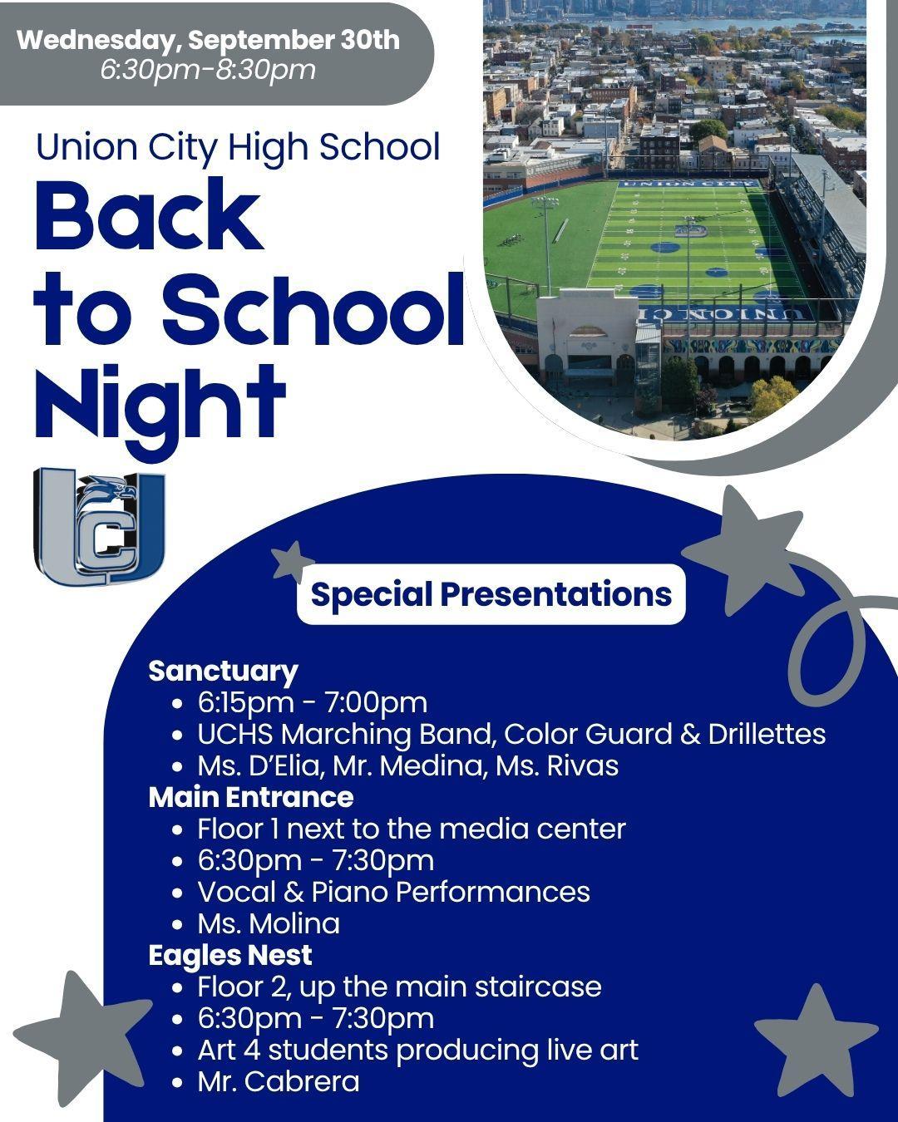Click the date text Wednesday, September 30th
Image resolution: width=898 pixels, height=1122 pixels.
pos(208,40)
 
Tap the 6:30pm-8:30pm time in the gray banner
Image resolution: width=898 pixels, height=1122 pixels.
pos(208,70)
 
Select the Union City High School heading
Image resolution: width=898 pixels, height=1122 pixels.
pos(238,148)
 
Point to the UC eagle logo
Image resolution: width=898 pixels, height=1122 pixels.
pos(99,526)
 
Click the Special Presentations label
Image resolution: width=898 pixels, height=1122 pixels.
pos(491,594)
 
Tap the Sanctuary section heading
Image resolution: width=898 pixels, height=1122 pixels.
pos(224,672)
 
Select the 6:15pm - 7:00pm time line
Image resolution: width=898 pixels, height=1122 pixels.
pos(313,702)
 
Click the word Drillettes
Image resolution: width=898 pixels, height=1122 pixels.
pos(767,734)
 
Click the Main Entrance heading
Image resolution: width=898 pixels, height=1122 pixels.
pos(251,797)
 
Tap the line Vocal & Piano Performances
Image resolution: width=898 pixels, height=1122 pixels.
pos(394,892)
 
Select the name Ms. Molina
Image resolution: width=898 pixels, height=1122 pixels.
pos(269,924)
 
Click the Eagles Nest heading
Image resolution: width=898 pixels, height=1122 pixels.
pos(230,956)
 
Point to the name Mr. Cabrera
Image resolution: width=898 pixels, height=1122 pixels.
pos(279,1082)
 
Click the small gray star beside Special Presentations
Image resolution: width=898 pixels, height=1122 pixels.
pos(291,563)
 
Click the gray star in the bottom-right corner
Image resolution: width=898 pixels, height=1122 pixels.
pos(817,1041)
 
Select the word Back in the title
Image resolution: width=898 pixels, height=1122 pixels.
pos(149,214)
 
